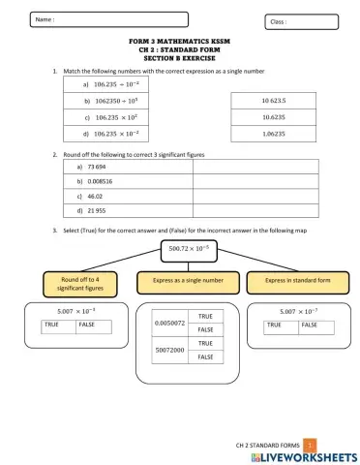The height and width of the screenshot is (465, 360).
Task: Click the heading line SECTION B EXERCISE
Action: pos(180,59)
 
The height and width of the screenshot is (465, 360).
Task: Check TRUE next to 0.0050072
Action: pos(205,317)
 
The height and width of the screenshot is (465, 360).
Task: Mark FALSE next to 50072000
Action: pos(205,357)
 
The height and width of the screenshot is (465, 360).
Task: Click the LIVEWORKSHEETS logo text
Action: pos(302,455)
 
